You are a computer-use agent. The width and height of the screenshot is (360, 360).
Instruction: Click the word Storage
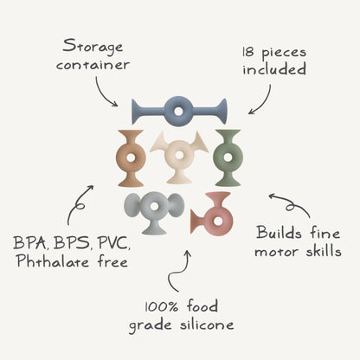[93, 48]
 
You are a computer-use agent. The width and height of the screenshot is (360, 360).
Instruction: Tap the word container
[93, 65]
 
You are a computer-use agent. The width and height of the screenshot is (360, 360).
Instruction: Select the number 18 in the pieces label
[247, 52]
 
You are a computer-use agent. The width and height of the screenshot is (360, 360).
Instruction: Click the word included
[274, 69]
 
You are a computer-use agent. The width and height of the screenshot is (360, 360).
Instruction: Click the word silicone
[207, 325]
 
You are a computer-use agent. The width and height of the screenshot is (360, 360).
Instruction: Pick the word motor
[276, 252]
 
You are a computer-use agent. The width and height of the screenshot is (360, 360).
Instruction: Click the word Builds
[280, 233]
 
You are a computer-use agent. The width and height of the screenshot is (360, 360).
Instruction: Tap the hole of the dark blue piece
[178, 111]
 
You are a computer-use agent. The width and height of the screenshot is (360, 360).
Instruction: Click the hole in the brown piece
[131, 157]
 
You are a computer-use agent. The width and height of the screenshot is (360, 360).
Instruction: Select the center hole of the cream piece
[179, 155]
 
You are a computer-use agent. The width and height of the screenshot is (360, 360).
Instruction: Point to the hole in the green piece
[228, 157]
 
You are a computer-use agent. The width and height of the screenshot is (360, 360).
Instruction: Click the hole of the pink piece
[218, 222]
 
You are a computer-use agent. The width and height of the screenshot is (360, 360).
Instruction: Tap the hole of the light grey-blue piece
[154, 206]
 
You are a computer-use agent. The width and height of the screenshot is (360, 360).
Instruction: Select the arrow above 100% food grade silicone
[179, 271]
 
